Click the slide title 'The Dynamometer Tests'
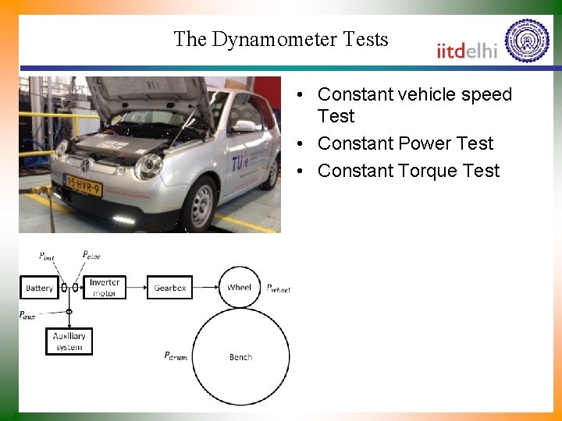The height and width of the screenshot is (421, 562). (280, 39)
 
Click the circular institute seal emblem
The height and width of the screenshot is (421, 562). (528, 41)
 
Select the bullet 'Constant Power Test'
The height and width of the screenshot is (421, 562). (405, 143)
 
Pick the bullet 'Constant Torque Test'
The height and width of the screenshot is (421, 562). (408, 171)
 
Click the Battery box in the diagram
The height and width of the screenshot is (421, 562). (39, 288)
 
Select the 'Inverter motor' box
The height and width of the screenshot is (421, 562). (104, 288)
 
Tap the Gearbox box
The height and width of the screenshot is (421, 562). (169, 288)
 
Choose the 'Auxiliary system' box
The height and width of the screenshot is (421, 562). (69, 341)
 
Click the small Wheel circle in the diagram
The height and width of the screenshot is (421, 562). (240, 287)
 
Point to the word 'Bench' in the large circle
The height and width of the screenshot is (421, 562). (240, 357)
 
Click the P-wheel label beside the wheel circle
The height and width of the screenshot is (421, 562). (279, 288)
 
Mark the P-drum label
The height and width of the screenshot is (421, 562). (175, 356)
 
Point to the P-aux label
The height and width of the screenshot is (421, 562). (27, 315)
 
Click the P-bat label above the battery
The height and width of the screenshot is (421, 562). (47, 256)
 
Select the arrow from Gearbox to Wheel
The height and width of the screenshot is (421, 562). (205, 288)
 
